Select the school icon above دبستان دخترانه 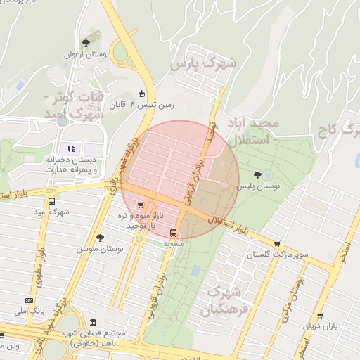70,148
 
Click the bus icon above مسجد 174,233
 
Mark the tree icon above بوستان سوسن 100,238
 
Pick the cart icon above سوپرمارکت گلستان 277,244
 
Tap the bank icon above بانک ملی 29,298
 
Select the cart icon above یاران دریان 320,316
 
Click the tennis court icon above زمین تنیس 141,94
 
